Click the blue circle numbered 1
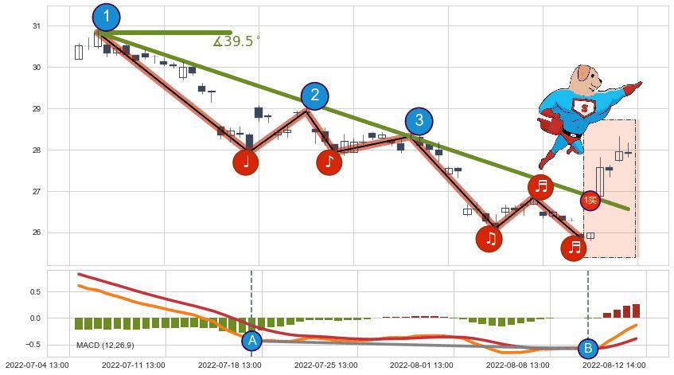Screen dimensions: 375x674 (x=107, y=17)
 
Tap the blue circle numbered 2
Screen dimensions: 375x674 (x=315, y=96)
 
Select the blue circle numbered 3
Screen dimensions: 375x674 (x=419, y=121)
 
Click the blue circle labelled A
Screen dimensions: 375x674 (x=251, y=341)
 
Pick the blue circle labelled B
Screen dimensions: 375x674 (x=587, y=348)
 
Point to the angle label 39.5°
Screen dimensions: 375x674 (x=236, y=41)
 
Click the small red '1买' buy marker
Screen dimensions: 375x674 (x=590, y=201)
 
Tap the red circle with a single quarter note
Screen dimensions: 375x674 (x=246, y=162)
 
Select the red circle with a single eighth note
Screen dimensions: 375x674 (x=329, y=162)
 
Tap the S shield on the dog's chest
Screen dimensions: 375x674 (x=590, y=107)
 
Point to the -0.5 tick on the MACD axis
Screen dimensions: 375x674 (x=33, y=345)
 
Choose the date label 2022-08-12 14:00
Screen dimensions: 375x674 (x=613, y=365)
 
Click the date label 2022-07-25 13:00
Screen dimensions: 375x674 (x=325, y=365)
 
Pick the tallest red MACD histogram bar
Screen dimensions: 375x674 (x=636, y=311)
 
